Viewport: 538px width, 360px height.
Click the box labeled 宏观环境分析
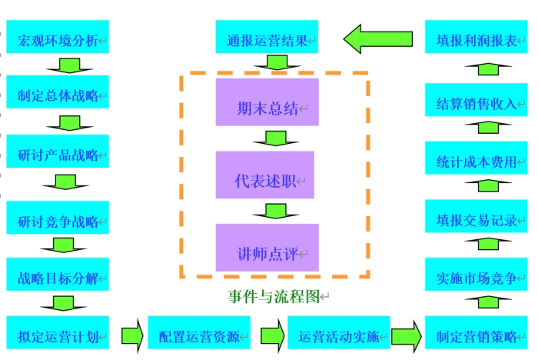(x=58, y=37)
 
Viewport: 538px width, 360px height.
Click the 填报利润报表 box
(x=477, y=38)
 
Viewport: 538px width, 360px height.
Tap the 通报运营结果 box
(x=267, y=38)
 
